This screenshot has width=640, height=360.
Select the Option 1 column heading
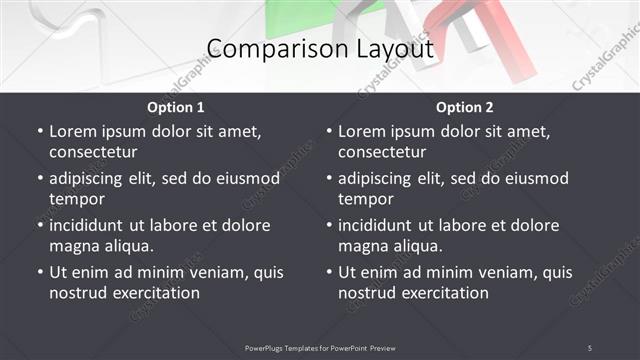coord(176,107)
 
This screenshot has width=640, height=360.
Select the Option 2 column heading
coord(465,107)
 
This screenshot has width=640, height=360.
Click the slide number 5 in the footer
coord(590,348)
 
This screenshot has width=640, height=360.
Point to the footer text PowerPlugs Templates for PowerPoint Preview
coord(320,348)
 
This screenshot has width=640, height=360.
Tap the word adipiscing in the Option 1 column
coord(93,178)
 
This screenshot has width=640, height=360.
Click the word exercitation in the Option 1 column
coord(155,293)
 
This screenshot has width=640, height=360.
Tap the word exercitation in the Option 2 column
coord(444,293)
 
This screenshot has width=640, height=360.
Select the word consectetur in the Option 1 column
coord(93,152)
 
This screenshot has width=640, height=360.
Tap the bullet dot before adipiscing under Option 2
coord(329,178)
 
